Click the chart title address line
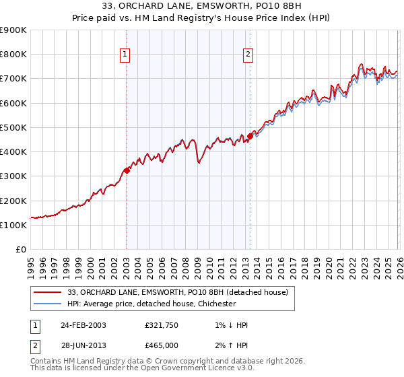point(202,6)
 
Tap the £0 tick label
point(22,250)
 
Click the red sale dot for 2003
point(127,170)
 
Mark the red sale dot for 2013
point(249,136)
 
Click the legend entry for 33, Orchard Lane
point(178,292)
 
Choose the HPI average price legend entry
point(151,304)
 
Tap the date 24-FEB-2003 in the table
point(83,325)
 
